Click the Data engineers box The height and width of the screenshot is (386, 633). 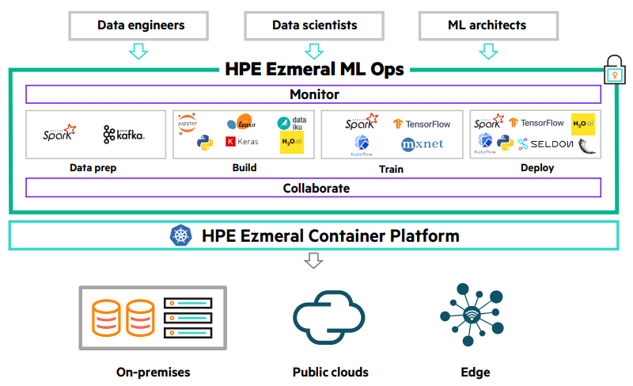pyautogui.click(x=141, y=25)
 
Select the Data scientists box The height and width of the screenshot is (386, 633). pyautogui.click(x=314, y=25)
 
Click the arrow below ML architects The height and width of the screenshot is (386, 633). pyautogui.click(x=488, y=51)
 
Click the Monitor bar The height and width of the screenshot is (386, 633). pyautogui.click(x=313, y=94)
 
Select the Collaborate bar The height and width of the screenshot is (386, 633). pyautogui.click(x=313, y=188)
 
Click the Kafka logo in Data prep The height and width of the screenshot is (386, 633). pyautogui.click(x=124, y=135)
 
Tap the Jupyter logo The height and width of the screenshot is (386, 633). pyautogui.click(x=188, y=123)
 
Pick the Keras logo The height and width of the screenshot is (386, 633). pyautogui.click(x=241, y=142)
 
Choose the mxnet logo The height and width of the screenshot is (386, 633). pyautogui.click(x=422, y=144)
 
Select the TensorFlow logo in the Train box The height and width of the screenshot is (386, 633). pyautogui.click(x=421, y=124)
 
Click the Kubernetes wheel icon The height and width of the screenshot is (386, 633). pyautogui.click(x=180, y=235)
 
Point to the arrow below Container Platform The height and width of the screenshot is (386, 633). pyautogui.click(x=314, y=260)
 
